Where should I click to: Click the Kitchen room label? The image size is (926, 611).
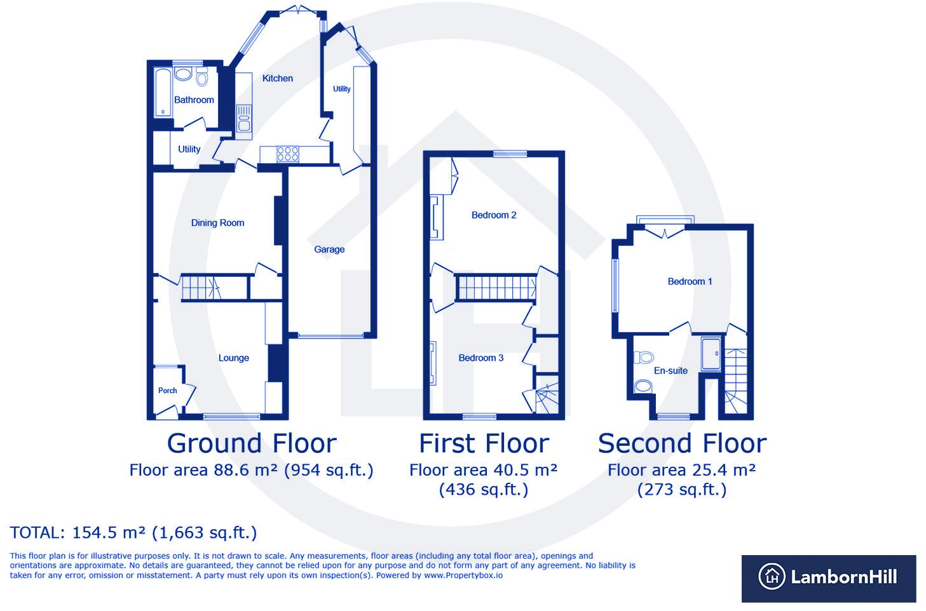(x=278, y=78)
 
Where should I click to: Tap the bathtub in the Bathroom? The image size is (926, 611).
(x=163, y=93)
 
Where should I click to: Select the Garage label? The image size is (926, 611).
(x=329, y=250)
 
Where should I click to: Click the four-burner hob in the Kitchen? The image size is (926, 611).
(x=287, y=154)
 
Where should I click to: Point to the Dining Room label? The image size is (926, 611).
(x=217, y=223)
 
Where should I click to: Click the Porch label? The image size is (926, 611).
(x=168, y=391)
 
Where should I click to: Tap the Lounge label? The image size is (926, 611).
(x=233, y=358)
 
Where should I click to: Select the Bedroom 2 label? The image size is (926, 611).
(x=494, y=215)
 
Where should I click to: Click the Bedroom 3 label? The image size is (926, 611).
(x=481, y=358)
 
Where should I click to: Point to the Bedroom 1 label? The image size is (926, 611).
(x=690, y=281)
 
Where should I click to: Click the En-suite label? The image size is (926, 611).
(x=671, y=371)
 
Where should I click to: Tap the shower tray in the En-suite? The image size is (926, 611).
(x=711, y=354)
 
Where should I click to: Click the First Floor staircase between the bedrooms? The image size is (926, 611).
(x=496, y=287)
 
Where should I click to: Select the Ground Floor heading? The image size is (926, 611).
(x=252, y=443)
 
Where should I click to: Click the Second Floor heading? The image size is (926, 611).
(x=682, y=443)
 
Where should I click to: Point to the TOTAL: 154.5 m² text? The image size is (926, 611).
(x=133, y=532)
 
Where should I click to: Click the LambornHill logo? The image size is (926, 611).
(x=828, y=577)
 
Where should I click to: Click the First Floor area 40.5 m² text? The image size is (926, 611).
(x=483, y=470)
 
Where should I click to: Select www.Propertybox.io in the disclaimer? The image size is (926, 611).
(x=463, y=575)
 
